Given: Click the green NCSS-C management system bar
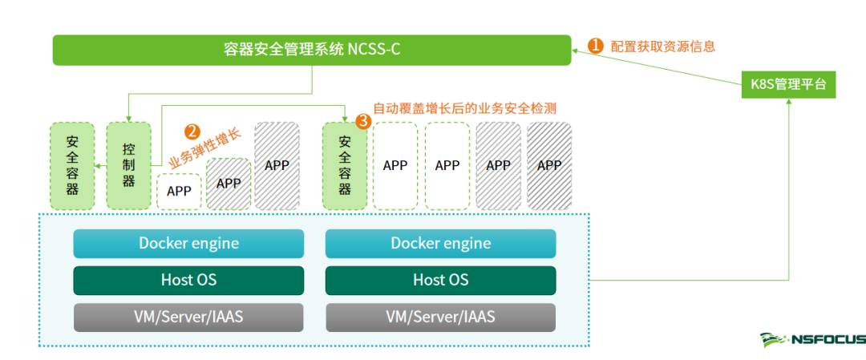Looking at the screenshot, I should click(312, 50).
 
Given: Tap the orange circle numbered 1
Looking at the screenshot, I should click(596, 46).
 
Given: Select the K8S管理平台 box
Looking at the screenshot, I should click(788, 83).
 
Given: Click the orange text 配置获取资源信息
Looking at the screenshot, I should click(662, 47).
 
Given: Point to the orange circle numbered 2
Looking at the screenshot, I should click(192, 131).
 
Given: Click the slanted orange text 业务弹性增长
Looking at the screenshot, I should click(205, 149).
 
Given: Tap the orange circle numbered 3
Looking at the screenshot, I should click(363, 121).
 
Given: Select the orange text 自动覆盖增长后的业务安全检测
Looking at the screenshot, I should click(464, 107).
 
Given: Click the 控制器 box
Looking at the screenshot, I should click(128, 165).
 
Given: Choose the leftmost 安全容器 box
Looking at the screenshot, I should click(72, 165).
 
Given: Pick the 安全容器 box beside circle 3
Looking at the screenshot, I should click(345, 165).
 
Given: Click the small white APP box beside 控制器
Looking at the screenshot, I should click(179, 192).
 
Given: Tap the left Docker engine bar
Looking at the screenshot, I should click(188, 244).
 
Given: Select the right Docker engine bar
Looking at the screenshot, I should click(440, 244).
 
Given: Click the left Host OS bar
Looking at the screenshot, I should click(188, 281).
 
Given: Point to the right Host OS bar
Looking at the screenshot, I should click(440, 281).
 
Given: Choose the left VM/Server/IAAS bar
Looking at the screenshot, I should click(188, 317).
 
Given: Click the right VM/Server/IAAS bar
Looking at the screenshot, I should click(440, 317).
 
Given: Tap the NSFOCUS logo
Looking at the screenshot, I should click(811, 340).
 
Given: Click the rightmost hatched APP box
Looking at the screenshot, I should click(549, 166).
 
